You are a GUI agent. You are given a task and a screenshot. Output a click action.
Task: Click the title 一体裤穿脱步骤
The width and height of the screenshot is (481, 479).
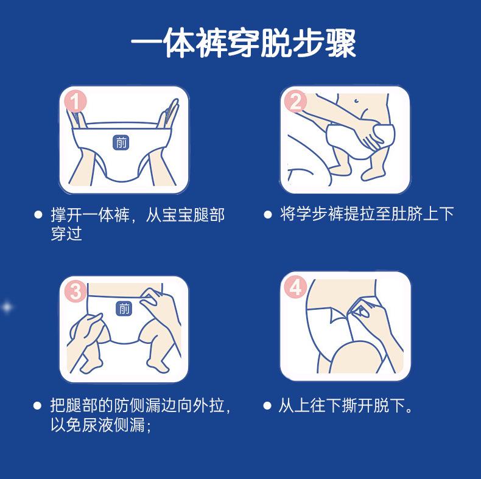tap(244, 43)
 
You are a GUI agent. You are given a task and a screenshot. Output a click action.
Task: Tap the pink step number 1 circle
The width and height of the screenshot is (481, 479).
tap(75, 101)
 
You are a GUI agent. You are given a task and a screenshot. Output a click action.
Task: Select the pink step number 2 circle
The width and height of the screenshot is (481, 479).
tap(296, 101)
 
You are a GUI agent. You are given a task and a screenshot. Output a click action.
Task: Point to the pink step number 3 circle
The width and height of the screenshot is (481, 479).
tap(75, 291)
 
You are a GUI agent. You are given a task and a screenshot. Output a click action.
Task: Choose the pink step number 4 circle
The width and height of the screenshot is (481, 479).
tap(296, 287)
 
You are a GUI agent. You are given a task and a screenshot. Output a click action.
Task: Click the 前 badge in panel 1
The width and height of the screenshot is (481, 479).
tap(121, 142)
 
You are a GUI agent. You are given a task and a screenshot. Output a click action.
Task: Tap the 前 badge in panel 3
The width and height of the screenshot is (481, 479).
tap(124, 308)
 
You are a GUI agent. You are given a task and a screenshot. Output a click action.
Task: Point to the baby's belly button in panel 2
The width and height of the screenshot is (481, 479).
tap(356, 100)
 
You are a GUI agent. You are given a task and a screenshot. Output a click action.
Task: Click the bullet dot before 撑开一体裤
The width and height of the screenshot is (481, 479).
tap(38, 214)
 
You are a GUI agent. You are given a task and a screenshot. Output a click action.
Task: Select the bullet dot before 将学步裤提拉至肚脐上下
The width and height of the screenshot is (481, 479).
tap(267, 214)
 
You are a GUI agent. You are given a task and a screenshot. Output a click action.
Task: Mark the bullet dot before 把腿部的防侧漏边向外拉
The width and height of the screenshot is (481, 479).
tap(37, 406)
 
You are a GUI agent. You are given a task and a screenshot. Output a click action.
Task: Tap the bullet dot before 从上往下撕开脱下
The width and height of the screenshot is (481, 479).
tap(267, 406)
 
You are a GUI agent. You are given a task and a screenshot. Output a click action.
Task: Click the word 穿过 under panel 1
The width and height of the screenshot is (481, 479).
tap(66, 234)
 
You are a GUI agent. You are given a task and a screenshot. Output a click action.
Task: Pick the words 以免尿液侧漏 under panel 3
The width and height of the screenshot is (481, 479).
tap(98, 425)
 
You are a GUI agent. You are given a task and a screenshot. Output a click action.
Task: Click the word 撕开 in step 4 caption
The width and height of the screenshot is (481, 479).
tap(357, 405)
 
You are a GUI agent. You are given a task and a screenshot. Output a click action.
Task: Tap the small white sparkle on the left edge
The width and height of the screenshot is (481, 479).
tap(7, 307)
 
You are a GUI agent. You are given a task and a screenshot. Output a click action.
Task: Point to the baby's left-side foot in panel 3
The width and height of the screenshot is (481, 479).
tap(91, 366)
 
